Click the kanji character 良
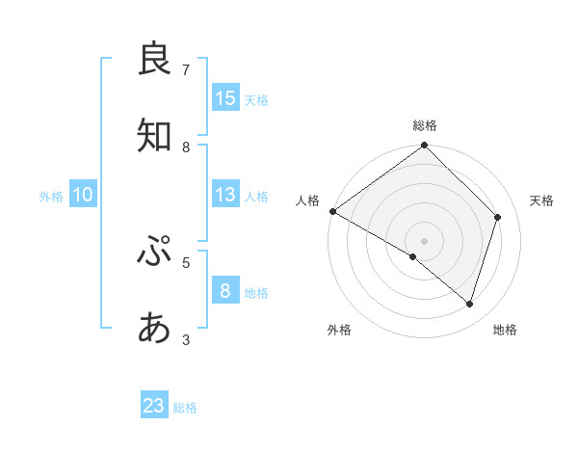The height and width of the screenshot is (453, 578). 154,59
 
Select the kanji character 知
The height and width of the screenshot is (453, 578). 154,136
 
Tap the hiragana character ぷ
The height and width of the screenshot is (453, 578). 154,252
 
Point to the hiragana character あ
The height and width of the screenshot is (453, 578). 154,329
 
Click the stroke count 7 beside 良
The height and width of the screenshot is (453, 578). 186,69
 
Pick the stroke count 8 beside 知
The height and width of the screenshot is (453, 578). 186,147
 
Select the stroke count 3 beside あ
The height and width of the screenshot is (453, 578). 186,339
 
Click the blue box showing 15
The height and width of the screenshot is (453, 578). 225,97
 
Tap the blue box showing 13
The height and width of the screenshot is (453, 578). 225,194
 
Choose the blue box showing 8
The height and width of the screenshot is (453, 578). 225,290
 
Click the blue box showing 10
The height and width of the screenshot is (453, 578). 83,195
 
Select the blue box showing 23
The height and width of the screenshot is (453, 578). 154,406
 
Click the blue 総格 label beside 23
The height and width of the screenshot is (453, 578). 185,408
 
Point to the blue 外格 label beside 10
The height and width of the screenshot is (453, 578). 51,197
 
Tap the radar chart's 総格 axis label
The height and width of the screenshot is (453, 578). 425,125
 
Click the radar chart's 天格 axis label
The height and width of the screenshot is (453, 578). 542,200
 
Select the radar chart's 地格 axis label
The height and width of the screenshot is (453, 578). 505,330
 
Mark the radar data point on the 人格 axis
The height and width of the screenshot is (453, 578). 332,211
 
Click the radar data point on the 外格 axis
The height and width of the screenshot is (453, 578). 413,256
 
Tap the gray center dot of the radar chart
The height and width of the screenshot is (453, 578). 425,240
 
